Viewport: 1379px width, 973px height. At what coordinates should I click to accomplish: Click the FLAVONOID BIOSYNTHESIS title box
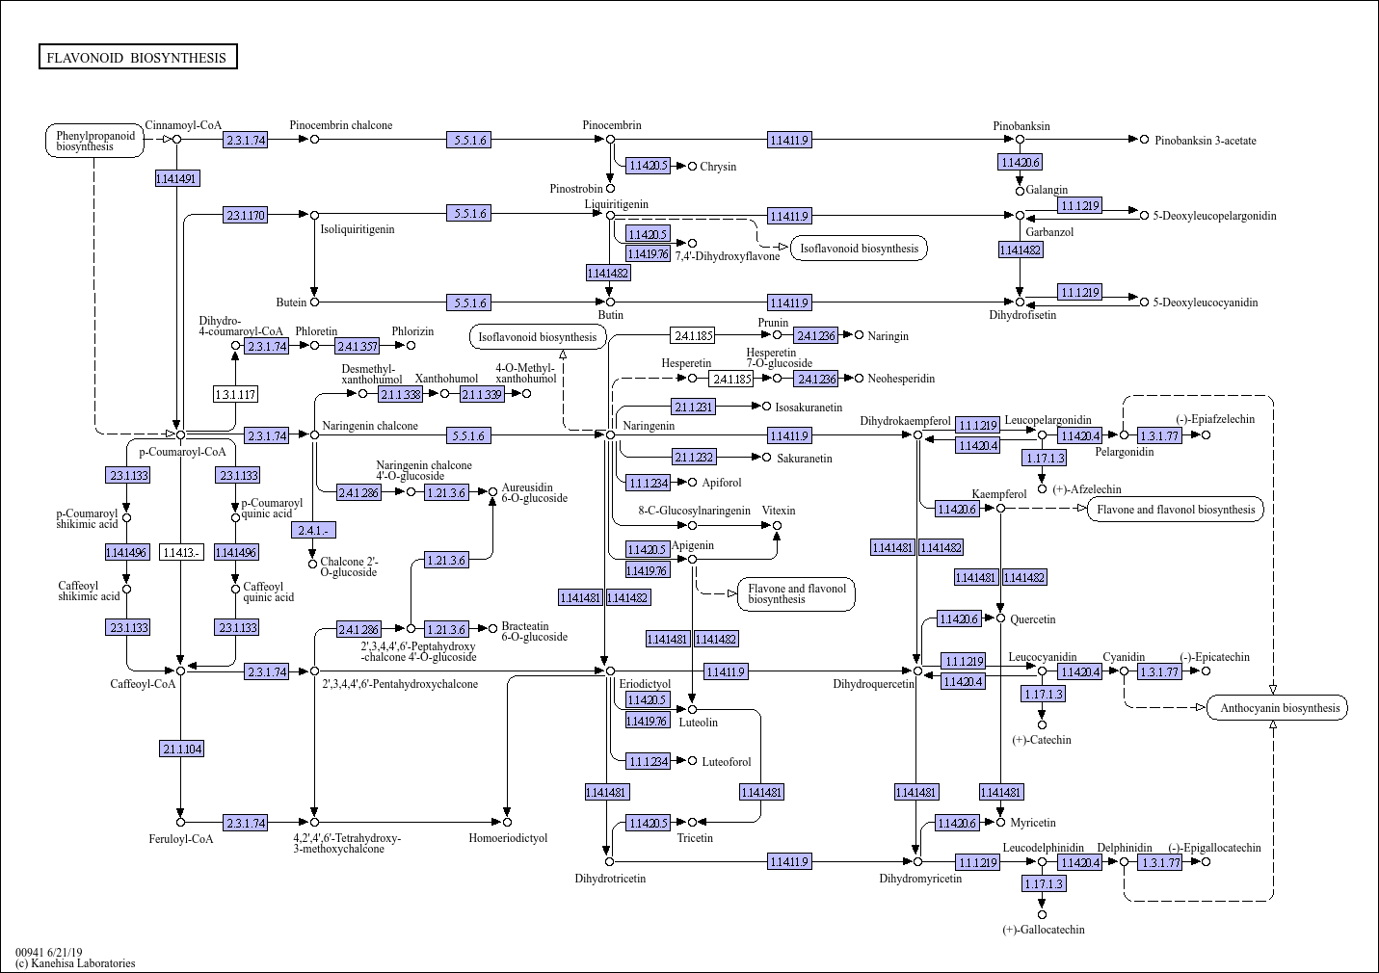(x=138, y=58)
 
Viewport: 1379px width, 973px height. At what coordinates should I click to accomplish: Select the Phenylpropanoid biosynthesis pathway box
(x=94, y=141)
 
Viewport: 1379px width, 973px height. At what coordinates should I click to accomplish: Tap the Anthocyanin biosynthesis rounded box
(x=1279, y=708)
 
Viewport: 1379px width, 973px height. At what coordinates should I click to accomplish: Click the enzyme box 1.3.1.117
(x=235, y=394)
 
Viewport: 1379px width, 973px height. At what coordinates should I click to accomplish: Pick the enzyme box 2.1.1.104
(x=181, y=749)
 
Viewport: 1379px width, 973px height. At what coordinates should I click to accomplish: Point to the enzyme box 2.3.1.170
(x=246, y=215)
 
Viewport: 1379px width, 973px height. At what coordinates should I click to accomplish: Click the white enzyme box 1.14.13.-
(x=181, y=552)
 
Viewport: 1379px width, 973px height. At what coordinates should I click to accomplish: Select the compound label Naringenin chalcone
(x=370, y=426)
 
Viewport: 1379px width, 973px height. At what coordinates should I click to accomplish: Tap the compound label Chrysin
(x=718, y=167)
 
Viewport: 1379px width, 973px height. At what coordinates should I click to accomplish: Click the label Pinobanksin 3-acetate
(x=1205, y=141)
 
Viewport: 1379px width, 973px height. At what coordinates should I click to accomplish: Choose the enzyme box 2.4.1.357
(x=358, y=345)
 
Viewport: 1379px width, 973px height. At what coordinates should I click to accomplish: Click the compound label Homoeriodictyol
(x=508, y=838)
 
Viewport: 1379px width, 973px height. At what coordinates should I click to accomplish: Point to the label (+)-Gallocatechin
(x=1043, y=930)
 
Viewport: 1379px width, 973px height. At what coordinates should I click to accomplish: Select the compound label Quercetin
(x=1032, y=619)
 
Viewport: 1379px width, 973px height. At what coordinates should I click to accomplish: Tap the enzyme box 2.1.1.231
(x=694, y=407)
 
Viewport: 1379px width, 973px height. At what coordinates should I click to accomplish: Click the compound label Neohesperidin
(x=901, y=379)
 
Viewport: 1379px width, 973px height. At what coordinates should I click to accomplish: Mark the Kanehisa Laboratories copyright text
(x=75, y=963)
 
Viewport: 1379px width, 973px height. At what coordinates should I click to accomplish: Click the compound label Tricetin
(x=695, y=838)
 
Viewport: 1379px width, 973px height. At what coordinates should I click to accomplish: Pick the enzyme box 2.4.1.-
(x=315, y=531)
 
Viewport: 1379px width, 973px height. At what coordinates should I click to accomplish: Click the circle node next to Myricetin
(x=1000, y=822)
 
